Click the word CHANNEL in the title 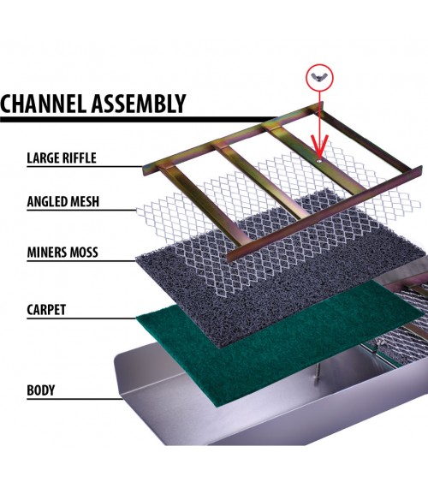43,103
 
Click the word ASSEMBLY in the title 139,103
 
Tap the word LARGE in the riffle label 43,158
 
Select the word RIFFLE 80,158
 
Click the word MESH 85,202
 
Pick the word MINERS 47,253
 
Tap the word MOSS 84,253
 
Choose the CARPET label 46,310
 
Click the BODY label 41,390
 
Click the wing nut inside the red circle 319,77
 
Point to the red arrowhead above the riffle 319,146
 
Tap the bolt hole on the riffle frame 319,161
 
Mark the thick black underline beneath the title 140,120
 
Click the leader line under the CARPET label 81,318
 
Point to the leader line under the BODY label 75,399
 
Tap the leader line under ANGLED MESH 81,211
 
